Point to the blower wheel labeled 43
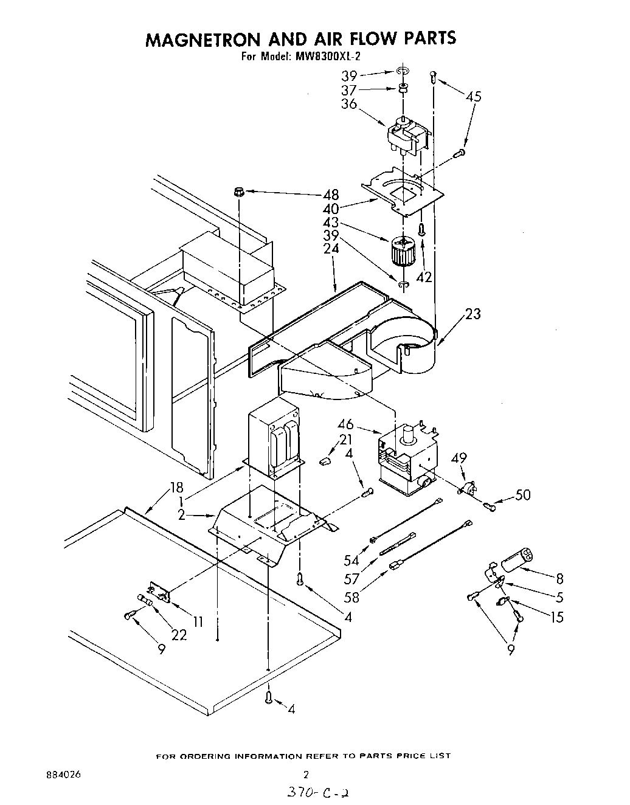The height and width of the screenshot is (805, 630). [x=401, y=250]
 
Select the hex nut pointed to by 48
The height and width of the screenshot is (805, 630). [x=239, y=193]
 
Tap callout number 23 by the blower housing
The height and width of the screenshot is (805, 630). [x=472, y=314]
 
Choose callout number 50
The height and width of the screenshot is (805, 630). [x=522, y=495]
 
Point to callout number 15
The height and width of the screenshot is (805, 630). [x=556, y=617]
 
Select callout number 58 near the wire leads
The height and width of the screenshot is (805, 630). [x=351, y=596]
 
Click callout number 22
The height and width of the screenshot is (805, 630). [x=179, y=635]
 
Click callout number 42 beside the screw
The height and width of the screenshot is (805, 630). [x=424, y=277]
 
